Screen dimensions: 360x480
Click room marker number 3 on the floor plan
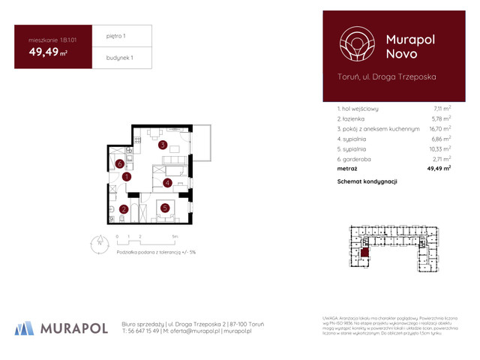[x=161, y=145]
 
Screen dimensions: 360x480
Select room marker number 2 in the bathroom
[x=123, y=210]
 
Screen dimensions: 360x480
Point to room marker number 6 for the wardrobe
[x=119, y=164]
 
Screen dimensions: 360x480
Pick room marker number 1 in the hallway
[x=127, y=177]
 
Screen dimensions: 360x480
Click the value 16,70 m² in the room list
[x=438, y=129]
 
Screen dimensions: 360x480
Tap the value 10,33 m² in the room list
[x=438, y=149]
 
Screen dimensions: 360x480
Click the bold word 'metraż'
[x=348, y=169]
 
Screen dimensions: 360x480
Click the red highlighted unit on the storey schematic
[x=365, y=253]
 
